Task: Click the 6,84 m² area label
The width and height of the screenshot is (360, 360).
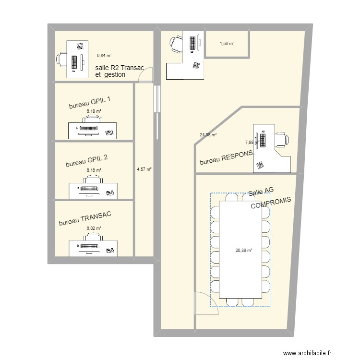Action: [104, 55]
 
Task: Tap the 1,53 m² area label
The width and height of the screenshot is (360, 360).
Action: [227, 43]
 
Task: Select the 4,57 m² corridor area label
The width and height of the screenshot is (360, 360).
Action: [144, 169]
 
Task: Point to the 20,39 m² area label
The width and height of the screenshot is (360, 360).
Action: [244, 251]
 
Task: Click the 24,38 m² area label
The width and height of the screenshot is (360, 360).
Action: [208, 135]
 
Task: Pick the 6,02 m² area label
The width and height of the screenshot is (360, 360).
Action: [94, 228]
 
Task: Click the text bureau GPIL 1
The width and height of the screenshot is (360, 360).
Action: [90, 103]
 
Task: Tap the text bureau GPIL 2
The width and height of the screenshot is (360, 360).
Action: [86, 161]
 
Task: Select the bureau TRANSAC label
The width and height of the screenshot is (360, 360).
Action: [85, 218]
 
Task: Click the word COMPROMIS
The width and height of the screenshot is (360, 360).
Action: [271, 203]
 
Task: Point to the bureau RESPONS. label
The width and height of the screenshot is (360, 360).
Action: [227, 157]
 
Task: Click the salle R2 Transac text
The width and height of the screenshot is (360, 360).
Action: [120, 68]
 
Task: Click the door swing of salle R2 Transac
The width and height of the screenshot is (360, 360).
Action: [145, 74]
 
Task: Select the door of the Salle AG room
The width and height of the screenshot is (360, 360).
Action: [206, 303]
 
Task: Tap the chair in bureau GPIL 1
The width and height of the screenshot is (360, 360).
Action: [93, 119]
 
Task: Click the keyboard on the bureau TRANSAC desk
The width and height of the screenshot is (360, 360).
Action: [90, 246]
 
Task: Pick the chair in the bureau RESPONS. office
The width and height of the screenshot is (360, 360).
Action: [282, 140]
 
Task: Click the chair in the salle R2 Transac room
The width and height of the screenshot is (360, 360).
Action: [61, 60]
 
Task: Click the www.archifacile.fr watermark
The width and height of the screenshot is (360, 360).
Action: [307, 353]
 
